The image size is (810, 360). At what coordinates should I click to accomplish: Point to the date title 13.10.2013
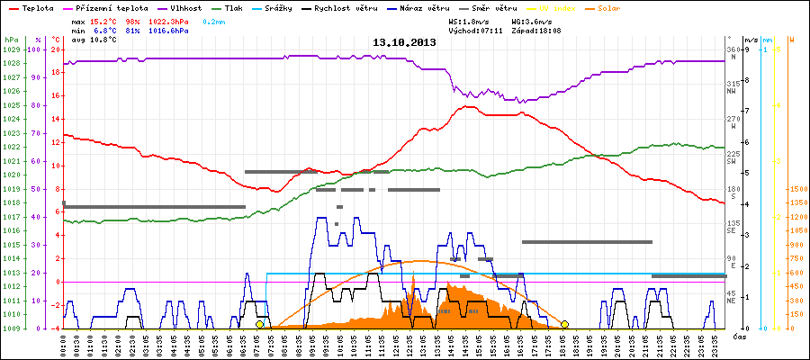pyautogui.click(x=404, y=42)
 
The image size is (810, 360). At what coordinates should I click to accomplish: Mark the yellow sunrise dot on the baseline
pyautogui.click(x=260, y=324)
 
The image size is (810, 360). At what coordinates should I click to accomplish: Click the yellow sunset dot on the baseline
pyautogui.click(x=565, y=324)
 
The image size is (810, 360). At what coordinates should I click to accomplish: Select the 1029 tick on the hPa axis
pyautogui.click(x=11, y=49)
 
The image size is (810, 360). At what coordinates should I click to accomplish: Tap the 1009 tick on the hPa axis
pyautogui.click(x=11, y=328)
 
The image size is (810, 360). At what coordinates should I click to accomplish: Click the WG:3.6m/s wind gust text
pyautogui.click(x=531, y=20)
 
